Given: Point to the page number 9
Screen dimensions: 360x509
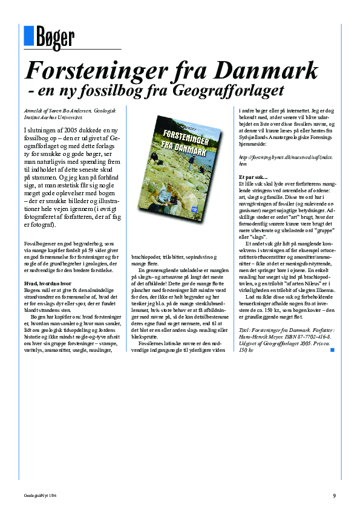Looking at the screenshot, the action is pyautogui.click(x=334, y=496).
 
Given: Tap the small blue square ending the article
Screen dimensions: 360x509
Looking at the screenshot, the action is pyautogui.click(x=332, y=350).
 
